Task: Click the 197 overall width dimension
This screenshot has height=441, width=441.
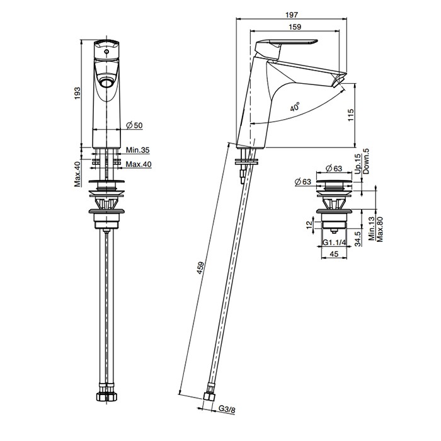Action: click(x=291, y=14)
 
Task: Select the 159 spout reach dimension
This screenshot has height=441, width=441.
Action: click(x=295, y=26)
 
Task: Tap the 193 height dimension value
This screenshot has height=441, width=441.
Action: click(x=77, y=93)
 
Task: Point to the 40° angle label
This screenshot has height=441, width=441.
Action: click(x=295, y=107)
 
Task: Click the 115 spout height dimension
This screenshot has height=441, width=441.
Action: click(x=351, y=115)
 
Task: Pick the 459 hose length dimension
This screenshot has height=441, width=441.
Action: click(x=200, y=268)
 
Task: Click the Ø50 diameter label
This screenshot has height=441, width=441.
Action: click(x=134, y=125)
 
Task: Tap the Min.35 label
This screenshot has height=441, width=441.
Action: click(x=137, y=150)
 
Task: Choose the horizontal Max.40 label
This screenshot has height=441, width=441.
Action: click(x=139, y=164)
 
